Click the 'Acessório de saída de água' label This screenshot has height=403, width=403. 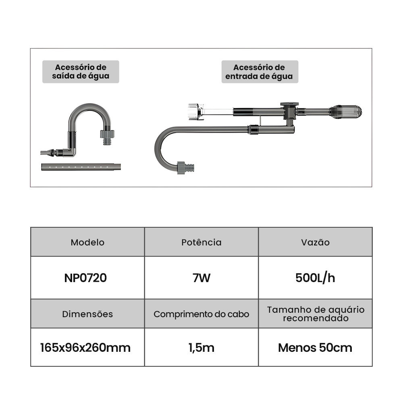81,72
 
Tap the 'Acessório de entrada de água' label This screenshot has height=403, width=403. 260,72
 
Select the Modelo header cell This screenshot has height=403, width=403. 87,242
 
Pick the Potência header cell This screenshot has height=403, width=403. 201,242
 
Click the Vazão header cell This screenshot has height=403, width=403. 315,242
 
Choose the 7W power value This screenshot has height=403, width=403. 201,278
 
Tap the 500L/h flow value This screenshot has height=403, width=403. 315,278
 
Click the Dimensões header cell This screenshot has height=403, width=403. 87,314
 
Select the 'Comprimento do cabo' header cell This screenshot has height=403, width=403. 201,314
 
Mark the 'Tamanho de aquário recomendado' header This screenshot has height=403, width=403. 315,314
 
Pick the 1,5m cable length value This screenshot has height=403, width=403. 201,347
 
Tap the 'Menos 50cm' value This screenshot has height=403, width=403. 315,347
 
